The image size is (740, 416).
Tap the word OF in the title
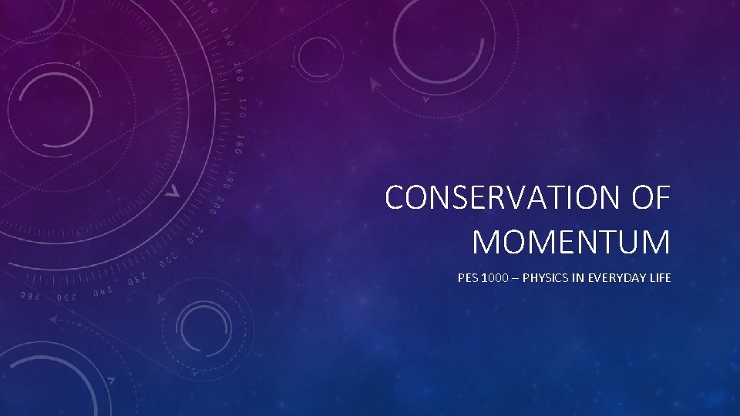click(651, 198)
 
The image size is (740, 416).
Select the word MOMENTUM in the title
click(571, 241)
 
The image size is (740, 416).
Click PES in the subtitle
click(467, 278)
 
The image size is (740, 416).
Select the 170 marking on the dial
click(242, 108)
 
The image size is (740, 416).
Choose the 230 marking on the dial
click(134, 271)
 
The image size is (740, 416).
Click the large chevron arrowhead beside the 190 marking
click(175, 190)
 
